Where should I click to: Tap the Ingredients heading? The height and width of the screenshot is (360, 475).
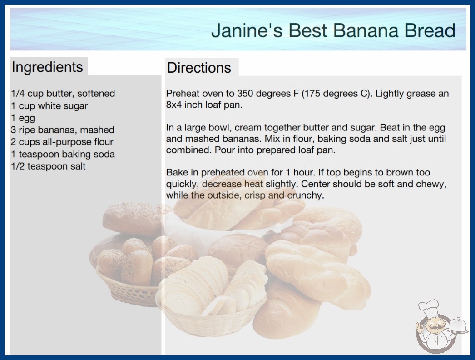[x=47, y=67]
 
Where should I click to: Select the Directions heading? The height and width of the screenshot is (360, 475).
[x=199, y=68]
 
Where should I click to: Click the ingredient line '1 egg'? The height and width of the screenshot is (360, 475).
[x=23, y=118]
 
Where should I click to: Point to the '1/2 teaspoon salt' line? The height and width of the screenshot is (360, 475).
[x=49, y=166]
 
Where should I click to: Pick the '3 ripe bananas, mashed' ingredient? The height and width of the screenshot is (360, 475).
[x=63, y=130]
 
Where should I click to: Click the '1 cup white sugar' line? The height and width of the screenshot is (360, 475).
[x=49, y=106]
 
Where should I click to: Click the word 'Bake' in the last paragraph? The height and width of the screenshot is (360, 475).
[x=176, y=172]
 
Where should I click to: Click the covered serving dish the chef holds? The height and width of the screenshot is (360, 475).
[x=458, y=325]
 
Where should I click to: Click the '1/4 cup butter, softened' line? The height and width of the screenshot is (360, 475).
[x=63, y=94]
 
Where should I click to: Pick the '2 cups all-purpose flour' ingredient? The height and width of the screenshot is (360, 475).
[x=62, y=142]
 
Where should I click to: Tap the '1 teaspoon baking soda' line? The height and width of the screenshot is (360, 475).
[x=63, y=154]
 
